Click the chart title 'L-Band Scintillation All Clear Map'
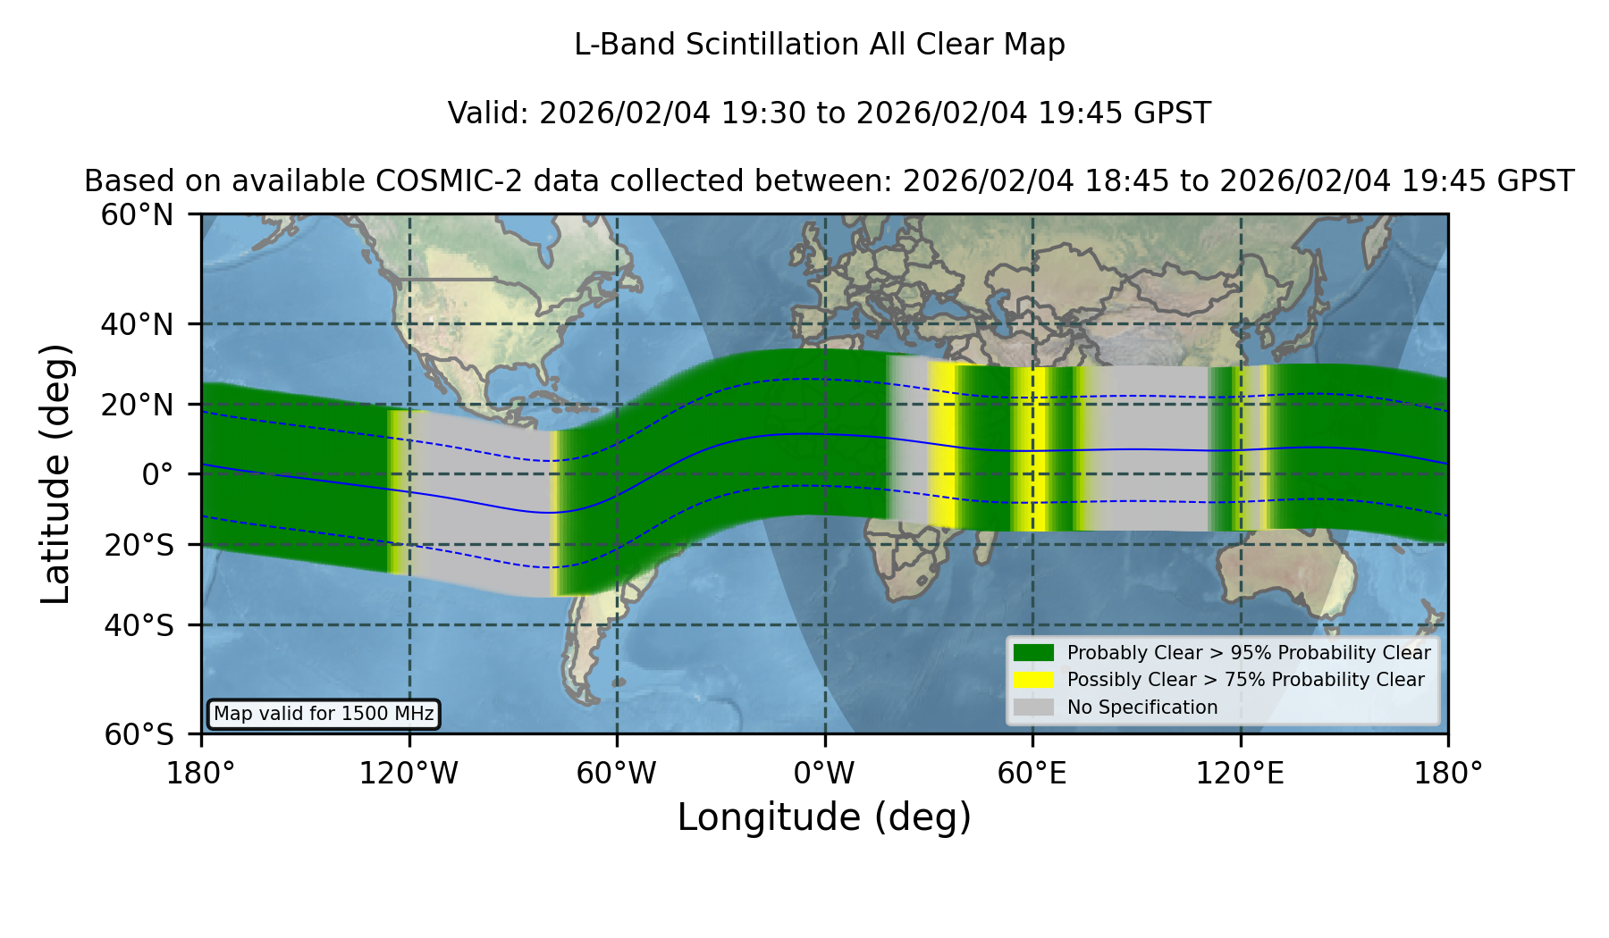[x=820, y=45]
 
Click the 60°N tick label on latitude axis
[x=138, y=215]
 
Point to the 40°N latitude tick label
[x=138, y=324]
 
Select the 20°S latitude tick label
[x=139, y=545]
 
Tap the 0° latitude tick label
[x=157, y=474]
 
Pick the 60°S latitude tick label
[x=139, y=735]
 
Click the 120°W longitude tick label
[x=409, y=774]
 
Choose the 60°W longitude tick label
[x=617, y=774]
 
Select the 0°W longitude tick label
[x=825, y=774]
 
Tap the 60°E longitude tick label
[x=1032, y=774]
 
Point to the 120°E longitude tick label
[x=1240, y=774]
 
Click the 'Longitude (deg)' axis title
[x=824, y=817]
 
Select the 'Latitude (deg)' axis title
[x=55, y=473]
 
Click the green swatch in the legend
[x=1034, y=653]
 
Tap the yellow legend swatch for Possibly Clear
[x=1034, y=680]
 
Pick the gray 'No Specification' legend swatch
[x=1034, y=708]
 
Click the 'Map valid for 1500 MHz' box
[x=324, y=714]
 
